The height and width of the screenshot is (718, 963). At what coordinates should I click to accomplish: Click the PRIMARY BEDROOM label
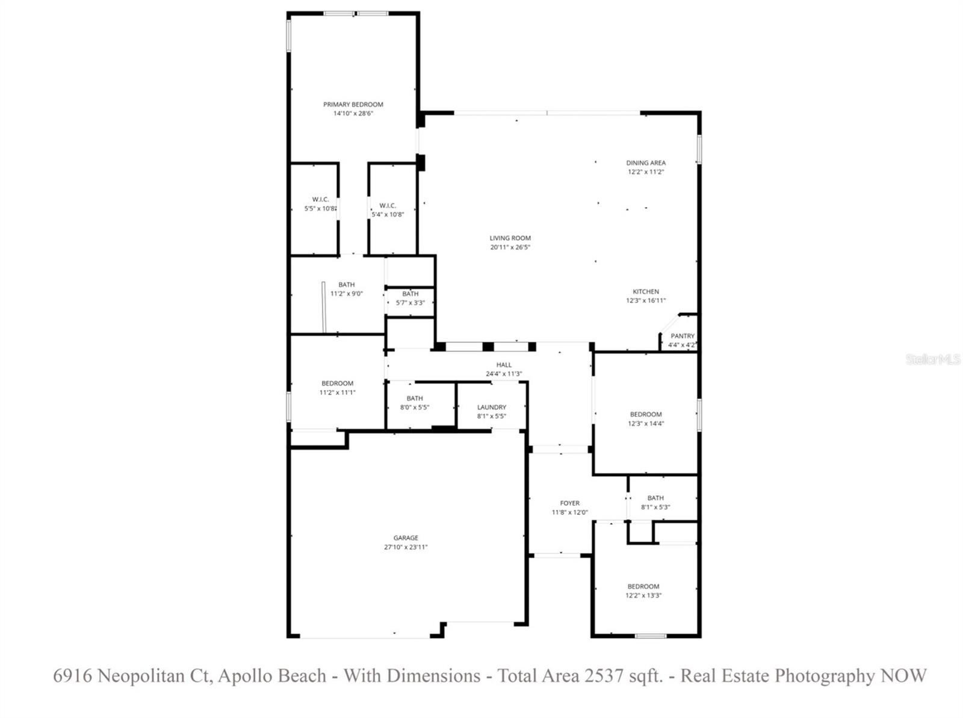[x=353, y=104]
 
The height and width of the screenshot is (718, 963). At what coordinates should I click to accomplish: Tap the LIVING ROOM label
[x=510, y=238]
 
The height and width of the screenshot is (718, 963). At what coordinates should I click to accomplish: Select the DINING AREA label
[x=646, y=162]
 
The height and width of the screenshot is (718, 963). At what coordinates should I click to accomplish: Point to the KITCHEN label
[x=646, y=292]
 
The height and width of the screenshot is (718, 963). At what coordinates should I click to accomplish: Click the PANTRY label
[x=683, y=336]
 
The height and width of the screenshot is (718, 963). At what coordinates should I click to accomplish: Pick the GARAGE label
[x=406, y=538]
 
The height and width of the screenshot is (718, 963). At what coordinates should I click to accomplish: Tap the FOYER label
[x=569, y=503]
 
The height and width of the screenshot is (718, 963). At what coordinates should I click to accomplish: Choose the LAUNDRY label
[x=491, y=407]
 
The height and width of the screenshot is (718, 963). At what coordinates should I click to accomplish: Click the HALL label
[x=504, y=365]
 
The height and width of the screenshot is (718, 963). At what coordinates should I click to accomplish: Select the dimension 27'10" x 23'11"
[x=406, y=547]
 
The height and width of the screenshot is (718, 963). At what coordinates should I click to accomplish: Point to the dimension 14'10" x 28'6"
[x=353, y=113]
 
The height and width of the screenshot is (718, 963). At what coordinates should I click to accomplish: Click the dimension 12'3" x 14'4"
[x=646, y=423]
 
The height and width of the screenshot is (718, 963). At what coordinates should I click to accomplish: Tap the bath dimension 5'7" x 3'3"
[x=410, y=303]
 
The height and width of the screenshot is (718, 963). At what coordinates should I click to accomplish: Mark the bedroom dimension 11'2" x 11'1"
[x=337, y=392]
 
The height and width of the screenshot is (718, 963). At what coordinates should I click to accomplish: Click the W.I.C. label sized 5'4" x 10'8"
[x=387, y=206]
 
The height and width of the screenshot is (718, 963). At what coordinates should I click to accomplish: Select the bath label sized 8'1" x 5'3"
[x=655, y=498]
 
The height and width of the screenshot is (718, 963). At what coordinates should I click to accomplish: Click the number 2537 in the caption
[x=603, y=676]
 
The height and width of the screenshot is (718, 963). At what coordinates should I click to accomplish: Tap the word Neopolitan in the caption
[x=141, y=676]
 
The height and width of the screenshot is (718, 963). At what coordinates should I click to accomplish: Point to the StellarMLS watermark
[x=933, y=359]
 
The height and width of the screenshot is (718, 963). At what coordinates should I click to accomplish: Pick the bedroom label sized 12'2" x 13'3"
[x=643, y=586]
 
